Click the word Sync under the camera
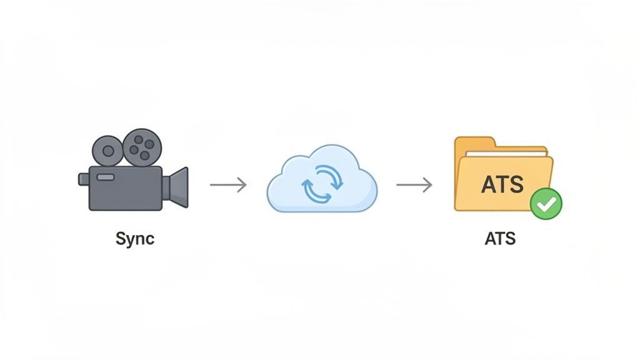[x=135, y=239]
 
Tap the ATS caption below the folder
[x=500, y=239]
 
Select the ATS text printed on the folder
[x=504, y=184]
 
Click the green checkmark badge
[x=546, y=204]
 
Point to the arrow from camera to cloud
[x=228, y=185]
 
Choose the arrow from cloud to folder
[x=414, y=185]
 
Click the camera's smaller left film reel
[x=107, y=151]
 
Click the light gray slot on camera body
[x=106, y=177]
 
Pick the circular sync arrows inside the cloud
[x=322, y=185]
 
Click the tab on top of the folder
[x=475, y=142]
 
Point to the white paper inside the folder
[x=506, y=152]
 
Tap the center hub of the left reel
[x=107, y=151]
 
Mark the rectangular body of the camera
[x=125, y=188]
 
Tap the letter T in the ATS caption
[x=500, y=239]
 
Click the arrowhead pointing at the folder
[x=429, y=185]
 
